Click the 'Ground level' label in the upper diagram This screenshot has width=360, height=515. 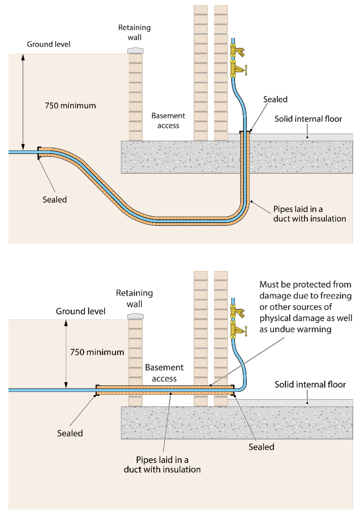pos(49,44)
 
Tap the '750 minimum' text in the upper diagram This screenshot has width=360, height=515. pos(70,106)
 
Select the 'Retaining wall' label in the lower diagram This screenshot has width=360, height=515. pos(134,298)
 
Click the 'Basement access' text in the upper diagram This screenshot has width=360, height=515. pos(168,121)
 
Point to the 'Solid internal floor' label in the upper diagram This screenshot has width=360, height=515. pos(308,119)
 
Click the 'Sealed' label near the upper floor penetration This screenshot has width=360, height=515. pos(275,99)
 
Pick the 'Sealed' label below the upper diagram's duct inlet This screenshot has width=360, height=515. pos(55,200)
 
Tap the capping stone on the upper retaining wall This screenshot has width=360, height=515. pos(135,50)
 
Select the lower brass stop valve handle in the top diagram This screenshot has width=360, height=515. pos(245,69)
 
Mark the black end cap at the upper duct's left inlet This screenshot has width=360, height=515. pos(38,152)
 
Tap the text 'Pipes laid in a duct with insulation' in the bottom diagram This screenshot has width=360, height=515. pos(162,465)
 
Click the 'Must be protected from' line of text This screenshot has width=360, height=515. pos(305,285)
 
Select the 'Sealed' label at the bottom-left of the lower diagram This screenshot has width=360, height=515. pos(70,433)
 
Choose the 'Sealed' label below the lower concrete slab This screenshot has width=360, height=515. pos(261,447)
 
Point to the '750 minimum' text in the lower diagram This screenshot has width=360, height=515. pos(97,352)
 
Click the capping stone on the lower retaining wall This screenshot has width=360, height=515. pos(135,316)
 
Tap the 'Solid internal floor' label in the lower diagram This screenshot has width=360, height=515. pos(310,384)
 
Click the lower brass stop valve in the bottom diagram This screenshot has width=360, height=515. pos(238,329)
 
